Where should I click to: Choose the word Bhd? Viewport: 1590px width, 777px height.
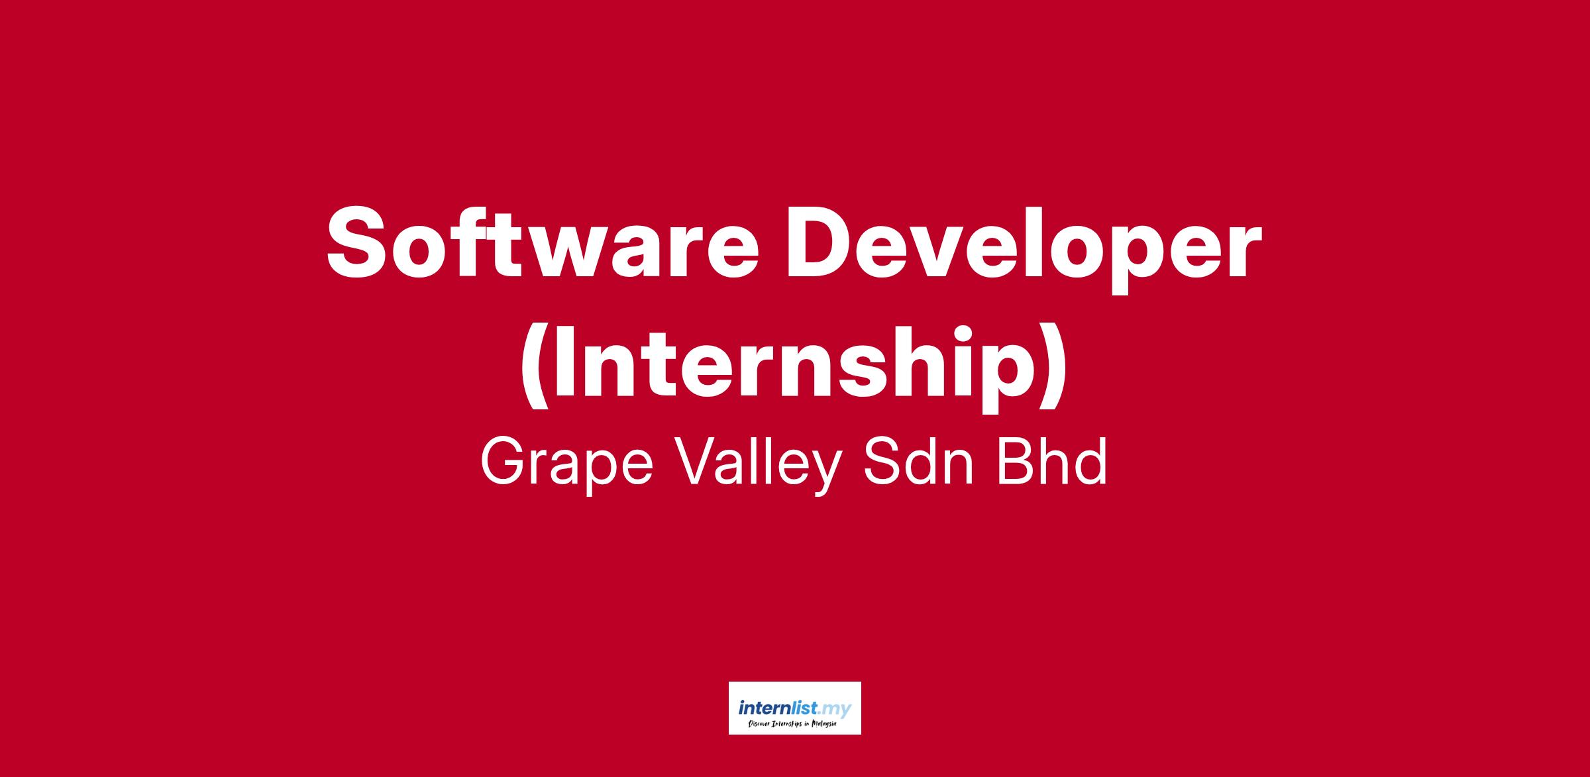point(1051,463)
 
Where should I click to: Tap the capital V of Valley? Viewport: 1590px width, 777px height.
point(698,463)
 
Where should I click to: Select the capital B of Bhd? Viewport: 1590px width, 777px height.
point(1016,463)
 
